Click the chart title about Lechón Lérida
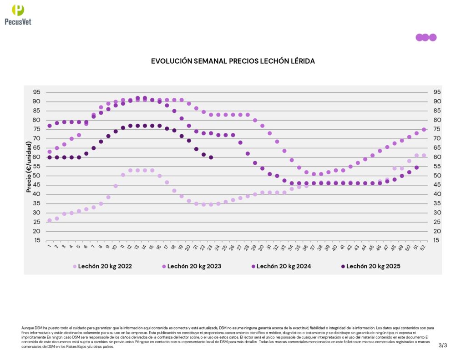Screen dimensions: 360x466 pyautogui.click(x=233, y=61)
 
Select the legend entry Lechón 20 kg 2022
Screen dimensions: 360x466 pyautogui.click(x=102, y=266)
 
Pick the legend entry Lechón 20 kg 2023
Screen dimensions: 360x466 pyautogui.click(x=192, y=266)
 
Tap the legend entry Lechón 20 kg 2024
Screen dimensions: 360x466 pyautogui.click(x=281, y=266)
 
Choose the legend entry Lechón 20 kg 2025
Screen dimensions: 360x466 pyautogui.click(x=370, y=266)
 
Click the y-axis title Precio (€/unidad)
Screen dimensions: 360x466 pyautogui.click(x=29, y=166)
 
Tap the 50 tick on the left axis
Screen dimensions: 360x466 pyautogui.click(x=36, y=176)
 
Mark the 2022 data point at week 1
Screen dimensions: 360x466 pyautogui.click(x=50, y=220)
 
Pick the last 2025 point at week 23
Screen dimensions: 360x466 pyautogui.click(x=211, y=157)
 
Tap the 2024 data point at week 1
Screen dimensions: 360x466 pyautogui.click(x=50, y=126)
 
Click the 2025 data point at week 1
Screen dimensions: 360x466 pyautogui.click(x=50, y=157)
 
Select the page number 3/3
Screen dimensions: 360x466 pyautogui.click(x=443, y=345)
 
